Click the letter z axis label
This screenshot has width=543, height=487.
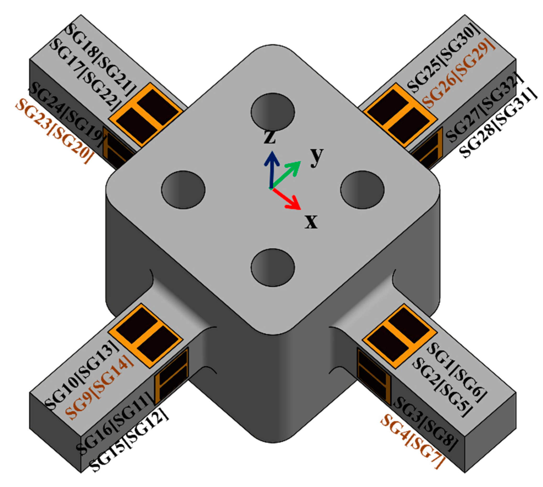coord(270,137)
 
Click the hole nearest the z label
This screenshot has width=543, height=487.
coord(273,112)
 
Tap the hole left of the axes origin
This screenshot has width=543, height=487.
coord(183,189)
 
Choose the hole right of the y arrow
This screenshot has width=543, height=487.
coord(362,189)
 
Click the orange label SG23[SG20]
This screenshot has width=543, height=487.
coord(52,131)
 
